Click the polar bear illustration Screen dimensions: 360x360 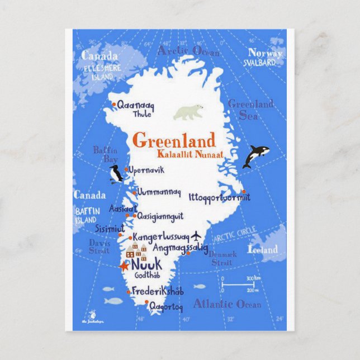click(188, 112)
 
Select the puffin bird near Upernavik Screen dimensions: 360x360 click(116, 175)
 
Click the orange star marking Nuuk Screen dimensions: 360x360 click(124, 266)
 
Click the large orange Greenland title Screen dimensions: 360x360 click(173, 140)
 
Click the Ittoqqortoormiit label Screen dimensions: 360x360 click(219, 197)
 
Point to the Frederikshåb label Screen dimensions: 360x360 click(159, 291)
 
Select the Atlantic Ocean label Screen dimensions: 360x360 click(227, 304)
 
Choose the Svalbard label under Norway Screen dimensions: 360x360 click(260, 63)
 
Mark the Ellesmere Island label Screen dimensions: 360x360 click(98, 72)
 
